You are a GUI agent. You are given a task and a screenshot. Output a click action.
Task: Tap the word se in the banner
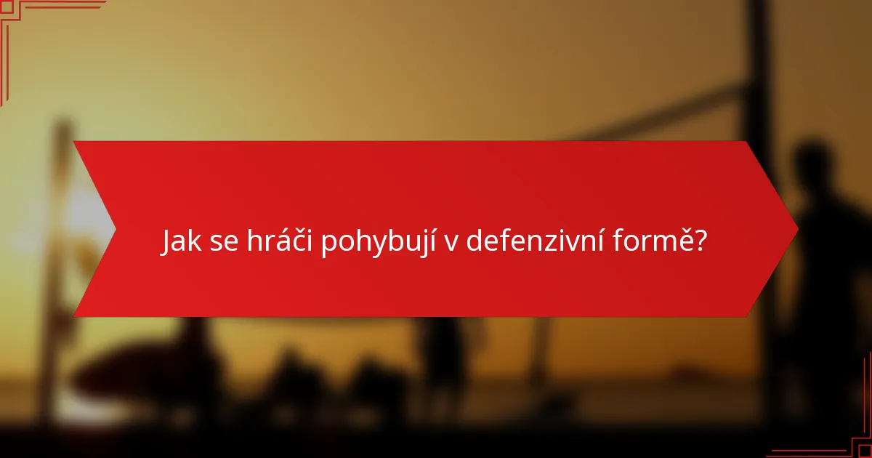point(225,242)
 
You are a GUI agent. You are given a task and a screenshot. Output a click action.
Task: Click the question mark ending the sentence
point(699,241)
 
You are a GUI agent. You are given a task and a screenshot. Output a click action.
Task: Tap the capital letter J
point(166,241)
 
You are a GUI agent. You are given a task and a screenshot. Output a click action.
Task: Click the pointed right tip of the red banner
point(796,230)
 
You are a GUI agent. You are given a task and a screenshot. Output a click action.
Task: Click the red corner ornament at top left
point(15,15)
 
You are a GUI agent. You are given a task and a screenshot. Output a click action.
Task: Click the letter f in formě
point(616,241)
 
